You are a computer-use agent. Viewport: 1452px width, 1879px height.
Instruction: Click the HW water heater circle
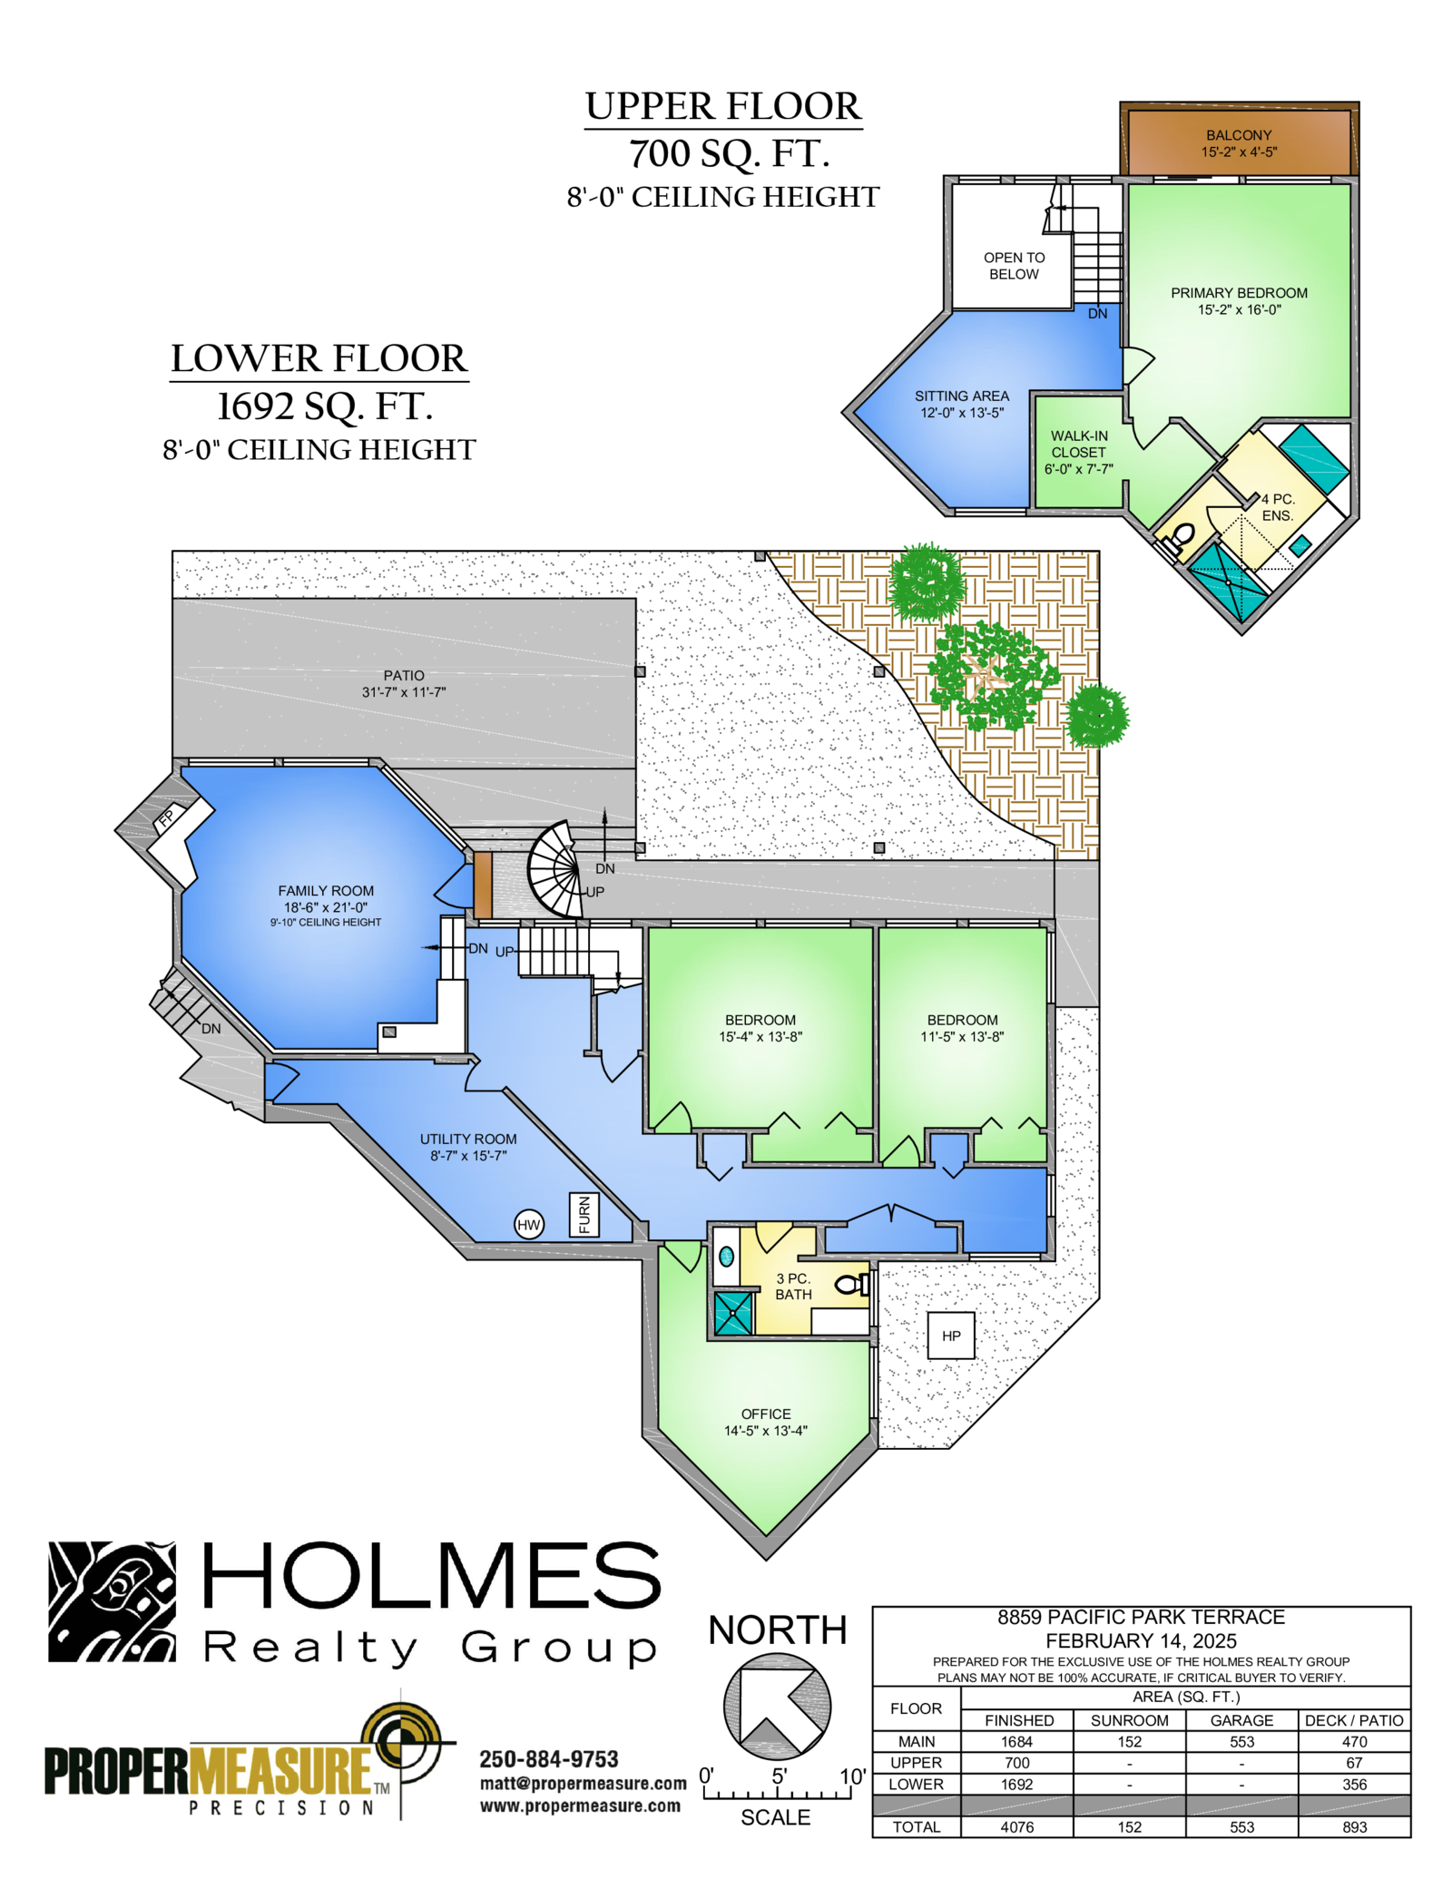tap(528, 1225)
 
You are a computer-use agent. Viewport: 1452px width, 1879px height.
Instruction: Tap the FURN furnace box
tap(584, 1215)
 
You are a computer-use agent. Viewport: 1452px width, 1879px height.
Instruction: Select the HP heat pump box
tap(951, 1336)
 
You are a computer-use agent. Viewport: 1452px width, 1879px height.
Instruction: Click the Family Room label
tap(326, 891)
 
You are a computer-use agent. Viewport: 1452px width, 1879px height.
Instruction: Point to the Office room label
tap(766, 1414)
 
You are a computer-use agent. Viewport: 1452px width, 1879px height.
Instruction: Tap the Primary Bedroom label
tap(1239, 293)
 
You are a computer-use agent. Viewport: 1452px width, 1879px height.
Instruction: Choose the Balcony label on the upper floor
tap(1239, 135)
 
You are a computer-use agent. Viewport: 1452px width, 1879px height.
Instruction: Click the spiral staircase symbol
tap(555, 869)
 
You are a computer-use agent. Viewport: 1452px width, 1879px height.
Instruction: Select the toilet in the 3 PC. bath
tap(851, 1284)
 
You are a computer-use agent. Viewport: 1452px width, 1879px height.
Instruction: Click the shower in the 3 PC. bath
tap(733, 1313)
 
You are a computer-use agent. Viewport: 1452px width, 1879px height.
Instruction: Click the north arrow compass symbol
tap(777, 1706)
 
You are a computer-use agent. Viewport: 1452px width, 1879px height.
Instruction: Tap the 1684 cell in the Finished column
tap(1017, 1741)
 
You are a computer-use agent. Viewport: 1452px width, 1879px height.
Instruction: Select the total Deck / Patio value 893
tap(1354, 1826)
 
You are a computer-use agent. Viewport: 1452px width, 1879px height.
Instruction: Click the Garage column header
tap(1241, 1720)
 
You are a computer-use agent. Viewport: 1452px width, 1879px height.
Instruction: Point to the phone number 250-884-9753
tap(549, 1759)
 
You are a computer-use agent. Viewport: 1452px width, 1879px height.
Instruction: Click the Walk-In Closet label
tap(1079, 444)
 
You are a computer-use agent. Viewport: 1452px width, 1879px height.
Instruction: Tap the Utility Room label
tap(468, 1139)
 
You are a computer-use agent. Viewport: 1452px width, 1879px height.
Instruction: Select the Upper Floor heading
tap(723, 106)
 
